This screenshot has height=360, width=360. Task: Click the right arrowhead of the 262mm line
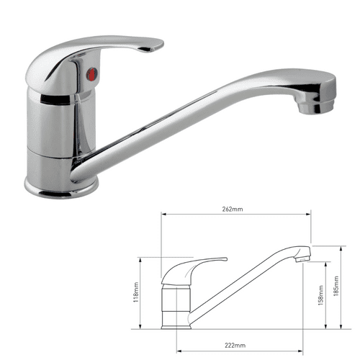pos(311,213)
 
